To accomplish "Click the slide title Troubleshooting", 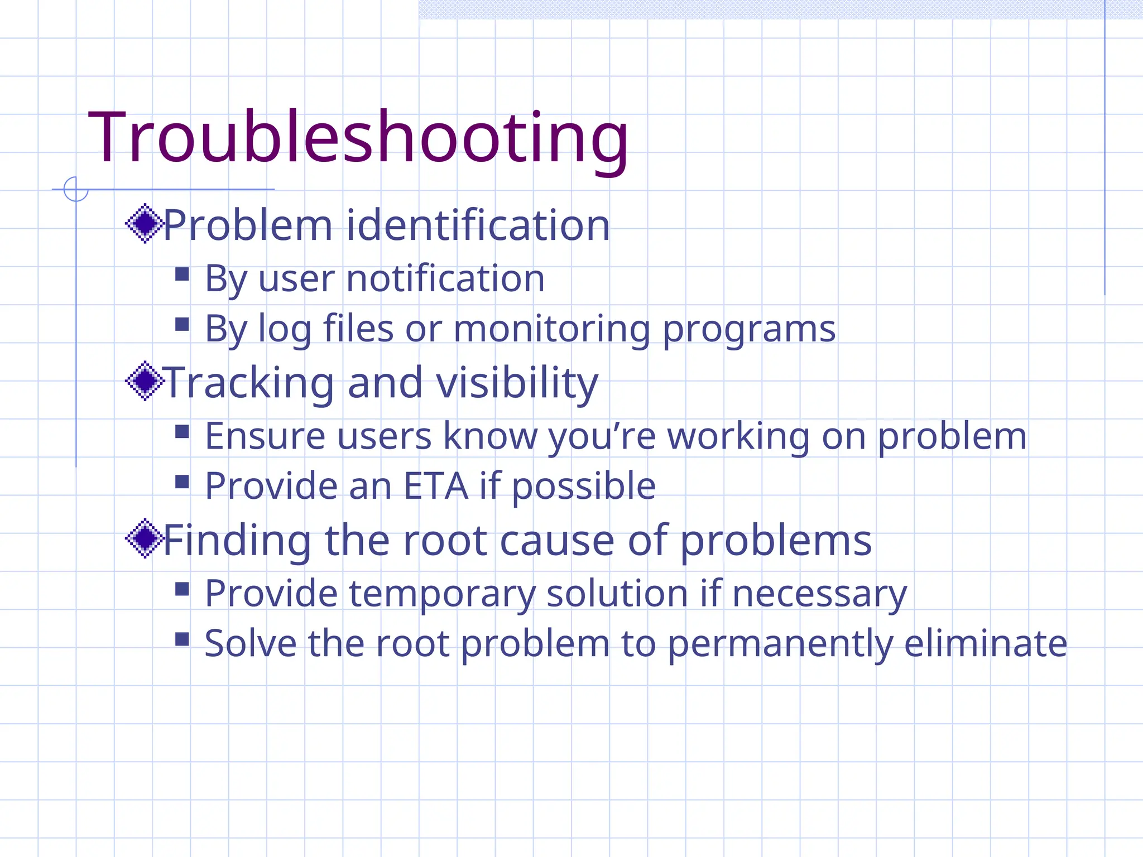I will coord(358,138).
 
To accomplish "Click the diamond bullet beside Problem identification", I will coord(145,224).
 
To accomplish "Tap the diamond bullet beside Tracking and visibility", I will coord(145,381).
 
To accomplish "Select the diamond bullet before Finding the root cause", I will coord(145,538).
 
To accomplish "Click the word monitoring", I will coord(552,329).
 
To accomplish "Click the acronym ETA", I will coord(435,486).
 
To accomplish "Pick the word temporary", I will coord(442,594).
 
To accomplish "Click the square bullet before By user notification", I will coord(182,274).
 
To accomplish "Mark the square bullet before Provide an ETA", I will coord(182,482).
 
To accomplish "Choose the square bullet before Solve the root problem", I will coord(182,639).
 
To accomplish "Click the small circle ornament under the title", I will coord(76,189).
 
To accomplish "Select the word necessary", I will coord(819,594).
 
